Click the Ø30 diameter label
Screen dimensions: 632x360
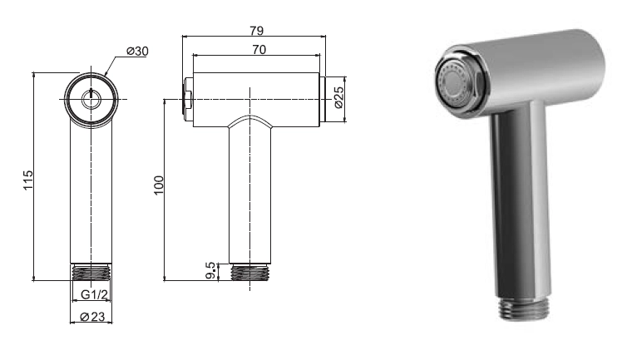[137, 52]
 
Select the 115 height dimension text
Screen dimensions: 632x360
[27, 180]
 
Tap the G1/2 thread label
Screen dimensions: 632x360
[94, 294]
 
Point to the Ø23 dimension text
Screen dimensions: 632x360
[92, 317]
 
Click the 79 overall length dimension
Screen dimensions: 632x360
[256, 31]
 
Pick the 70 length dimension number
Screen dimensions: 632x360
[259, 49]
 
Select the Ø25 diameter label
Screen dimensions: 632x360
[339, 97]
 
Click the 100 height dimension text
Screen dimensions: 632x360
[159, 185]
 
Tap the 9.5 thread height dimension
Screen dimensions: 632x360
[210, 270]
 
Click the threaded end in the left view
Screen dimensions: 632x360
[91, 272]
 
